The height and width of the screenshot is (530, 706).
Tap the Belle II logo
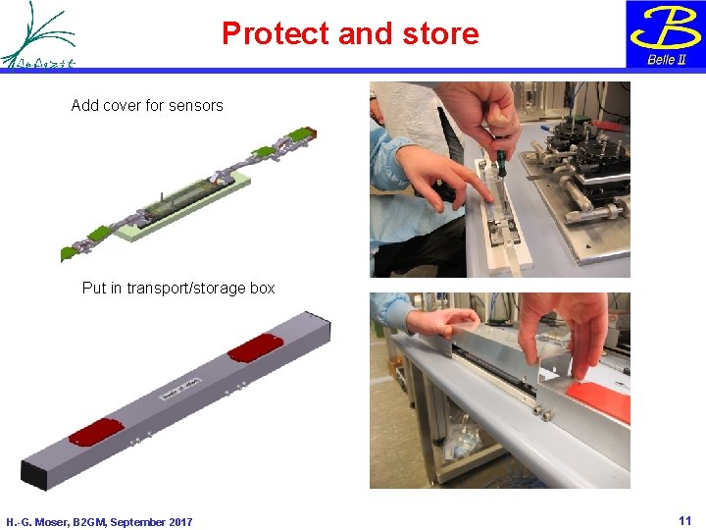[x=666, y=34]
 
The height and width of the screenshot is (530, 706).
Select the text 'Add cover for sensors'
[x=147, y=105]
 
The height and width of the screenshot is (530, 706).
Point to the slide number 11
[x=684, y=520]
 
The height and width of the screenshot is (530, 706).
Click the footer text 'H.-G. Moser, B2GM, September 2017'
[x=99, y=522]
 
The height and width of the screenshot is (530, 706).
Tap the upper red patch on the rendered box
[x=255, y=346]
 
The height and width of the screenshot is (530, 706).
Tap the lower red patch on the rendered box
[x=95, y=432]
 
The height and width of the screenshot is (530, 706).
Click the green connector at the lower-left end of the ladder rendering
[x=69, y=253]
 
